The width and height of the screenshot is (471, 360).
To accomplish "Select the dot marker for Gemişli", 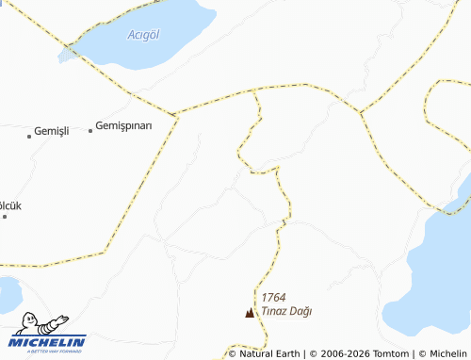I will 29,136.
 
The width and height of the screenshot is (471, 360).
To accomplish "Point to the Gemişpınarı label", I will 137,126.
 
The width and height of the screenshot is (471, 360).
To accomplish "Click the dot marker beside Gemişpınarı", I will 90,130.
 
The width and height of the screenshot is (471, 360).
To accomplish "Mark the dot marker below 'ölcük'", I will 5,217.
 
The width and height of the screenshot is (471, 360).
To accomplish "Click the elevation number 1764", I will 274,296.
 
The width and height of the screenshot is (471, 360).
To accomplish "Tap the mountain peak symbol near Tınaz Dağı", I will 250,313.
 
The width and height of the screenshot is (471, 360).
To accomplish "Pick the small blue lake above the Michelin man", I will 8,294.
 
